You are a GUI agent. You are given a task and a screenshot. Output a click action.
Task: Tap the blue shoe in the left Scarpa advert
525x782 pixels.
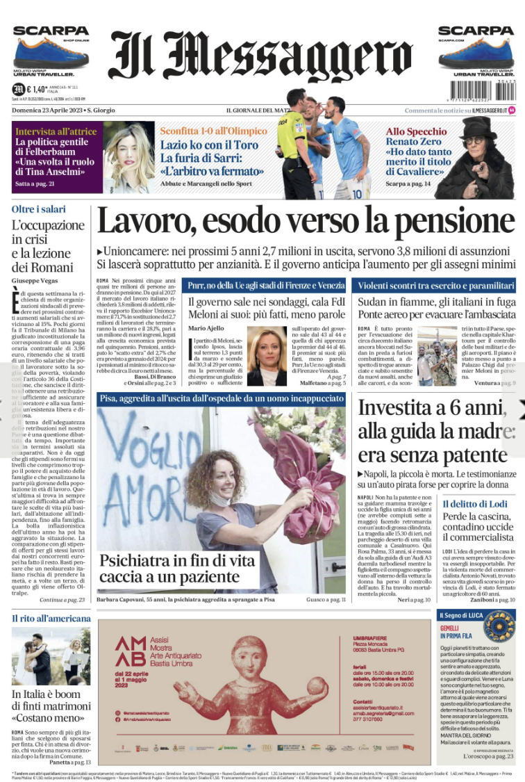50,54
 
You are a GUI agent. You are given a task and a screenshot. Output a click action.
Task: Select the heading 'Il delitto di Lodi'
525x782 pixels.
477,503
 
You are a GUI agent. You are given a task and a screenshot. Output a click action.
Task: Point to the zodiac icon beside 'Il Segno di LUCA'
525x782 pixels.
499,627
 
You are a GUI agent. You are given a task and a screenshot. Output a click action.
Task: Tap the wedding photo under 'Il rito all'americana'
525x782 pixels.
51,657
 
